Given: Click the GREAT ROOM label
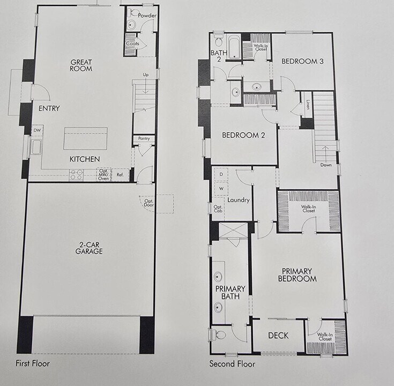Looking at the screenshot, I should click(x=81, y=65).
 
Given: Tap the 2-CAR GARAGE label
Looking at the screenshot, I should click(x=89, y=248).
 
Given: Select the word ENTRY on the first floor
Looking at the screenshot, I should click(x=49, y=109).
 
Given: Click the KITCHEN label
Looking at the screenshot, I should click(x=84, y=159).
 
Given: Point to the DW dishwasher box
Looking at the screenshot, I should click(x=37, y=130).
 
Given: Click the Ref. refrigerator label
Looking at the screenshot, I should click(x=120, y=175).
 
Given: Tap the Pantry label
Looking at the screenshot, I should click(x=143, y=139).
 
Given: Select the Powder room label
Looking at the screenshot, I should click(x=147, y=16).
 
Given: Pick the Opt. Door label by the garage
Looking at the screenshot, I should click(x=148, y=203).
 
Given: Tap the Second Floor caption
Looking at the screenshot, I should click(x=232, y=364).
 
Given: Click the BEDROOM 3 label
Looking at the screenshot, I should click(x=302, y=62).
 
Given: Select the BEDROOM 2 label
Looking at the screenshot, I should click(x=243, y=135).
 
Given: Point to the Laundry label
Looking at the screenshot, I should click(x=238, y=200).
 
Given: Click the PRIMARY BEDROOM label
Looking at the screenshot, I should click(x=297, y=274).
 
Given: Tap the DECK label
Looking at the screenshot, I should click(x=278, y=336).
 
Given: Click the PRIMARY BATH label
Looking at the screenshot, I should click(x=230, y=292).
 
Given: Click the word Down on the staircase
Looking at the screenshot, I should click(x=325, y=165).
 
